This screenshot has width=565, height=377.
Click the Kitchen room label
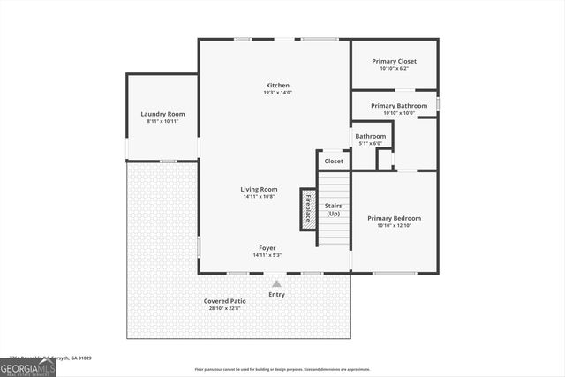pos(277,86)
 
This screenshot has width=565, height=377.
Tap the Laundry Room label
pos(162,114)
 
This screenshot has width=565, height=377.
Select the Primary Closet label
pos(394,61)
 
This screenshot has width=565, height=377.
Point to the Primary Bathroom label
pos(399,106)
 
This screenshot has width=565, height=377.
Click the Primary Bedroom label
pos(394,218)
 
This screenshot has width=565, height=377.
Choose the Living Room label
pos(260,189)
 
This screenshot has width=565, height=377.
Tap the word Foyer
pos(267,248)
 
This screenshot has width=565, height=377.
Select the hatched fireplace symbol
pos(307,209)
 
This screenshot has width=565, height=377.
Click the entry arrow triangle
pos(277,284)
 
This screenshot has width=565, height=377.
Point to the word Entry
pos(277,295)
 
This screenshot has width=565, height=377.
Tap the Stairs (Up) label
pos(333,210)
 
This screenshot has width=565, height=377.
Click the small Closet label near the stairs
pos(334,162)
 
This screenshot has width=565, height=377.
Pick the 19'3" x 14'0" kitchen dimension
pos(277,93)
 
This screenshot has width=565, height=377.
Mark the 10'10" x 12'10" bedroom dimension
pos(394,225)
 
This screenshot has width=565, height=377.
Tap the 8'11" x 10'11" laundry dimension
pos(162,121)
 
